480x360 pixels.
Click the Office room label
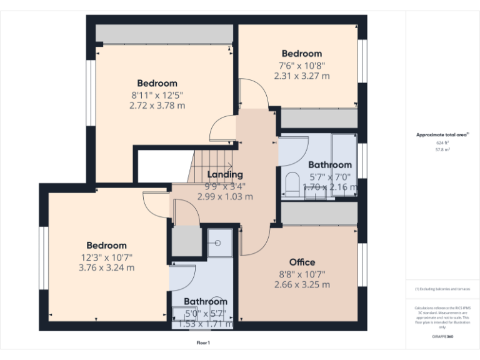pyautogui.click(x=302, y=262)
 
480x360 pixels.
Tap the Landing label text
pyautogui.click(x=225, y=174)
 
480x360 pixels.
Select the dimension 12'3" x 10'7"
pyautogui.click(x=106, y=257)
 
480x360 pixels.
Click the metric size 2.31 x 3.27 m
pyautogui.click(x=302, y=76)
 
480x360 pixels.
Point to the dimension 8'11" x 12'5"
pyautogui.click(x=157, y=95)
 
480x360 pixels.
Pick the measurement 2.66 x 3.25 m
pyautogui.click(x=302, y=284)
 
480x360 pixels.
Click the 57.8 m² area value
pyautogui.click(x=442, y=150)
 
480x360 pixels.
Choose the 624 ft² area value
pyautogui.click(x=442, y=143)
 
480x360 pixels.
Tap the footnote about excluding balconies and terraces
pyautogui.click(x=442, y=289)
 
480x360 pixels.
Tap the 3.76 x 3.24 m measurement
pyautogui.click(x=106, y=267)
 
